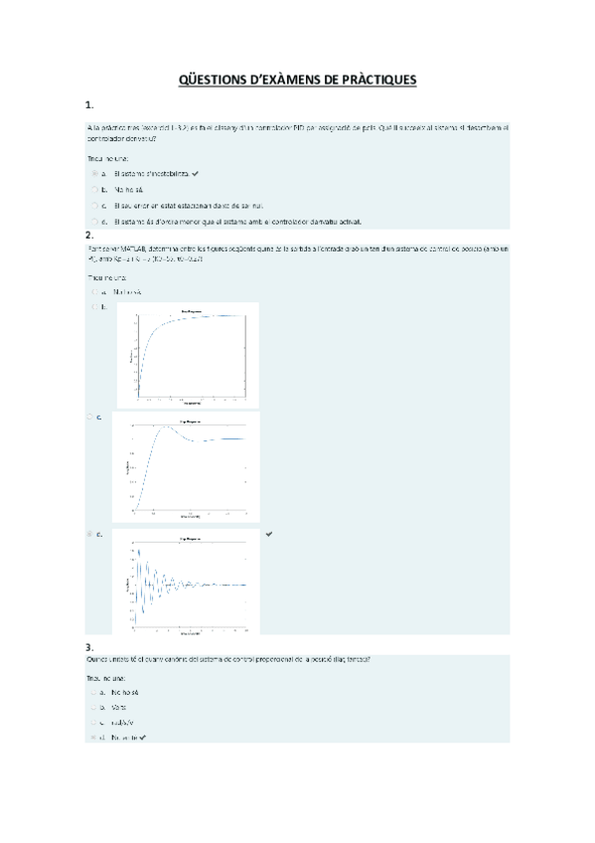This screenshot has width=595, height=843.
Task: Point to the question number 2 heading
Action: coord(89,235)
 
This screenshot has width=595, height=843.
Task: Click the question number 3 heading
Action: coord(89,648)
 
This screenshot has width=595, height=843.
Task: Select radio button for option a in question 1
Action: coord(94,172)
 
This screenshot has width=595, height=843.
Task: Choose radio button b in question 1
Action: coord(94,188)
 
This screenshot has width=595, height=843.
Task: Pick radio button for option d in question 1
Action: coord(94,221)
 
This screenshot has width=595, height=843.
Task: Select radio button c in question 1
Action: coord(94,205)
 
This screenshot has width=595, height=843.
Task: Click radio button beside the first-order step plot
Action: coord(94,307)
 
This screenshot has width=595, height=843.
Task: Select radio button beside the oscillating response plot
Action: coord(92,534)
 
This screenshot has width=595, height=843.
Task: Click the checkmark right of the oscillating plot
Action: coord(269,534)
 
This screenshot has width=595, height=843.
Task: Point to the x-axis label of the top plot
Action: coord(188,403)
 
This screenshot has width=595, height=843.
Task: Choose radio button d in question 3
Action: coord(93,738)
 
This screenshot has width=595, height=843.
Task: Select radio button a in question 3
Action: coord(93,691)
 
